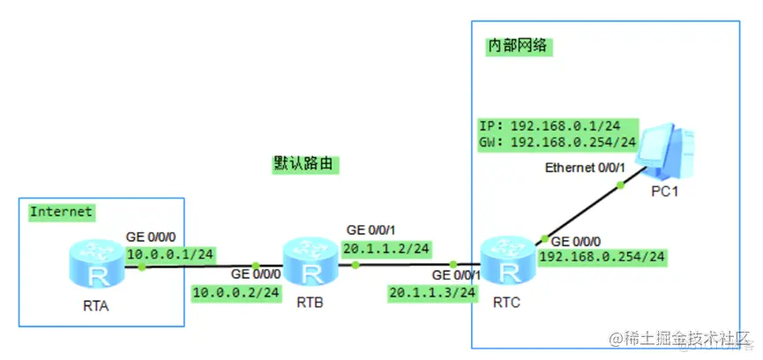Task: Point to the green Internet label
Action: tap(61, 212)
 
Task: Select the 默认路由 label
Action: tap(306, 164)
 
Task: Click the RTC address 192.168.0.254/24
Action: tap(602, 258)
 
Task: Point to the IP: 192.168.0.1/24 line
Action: tap(556, 124)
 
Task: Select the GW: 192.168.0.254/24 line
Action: tap(557, 141)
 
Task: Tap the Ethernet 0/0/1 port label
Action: tap(586, 168)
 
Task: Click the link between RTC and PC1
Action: tap(582, 212)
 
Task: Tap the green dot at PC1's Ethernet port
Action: tap(620, 184)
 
